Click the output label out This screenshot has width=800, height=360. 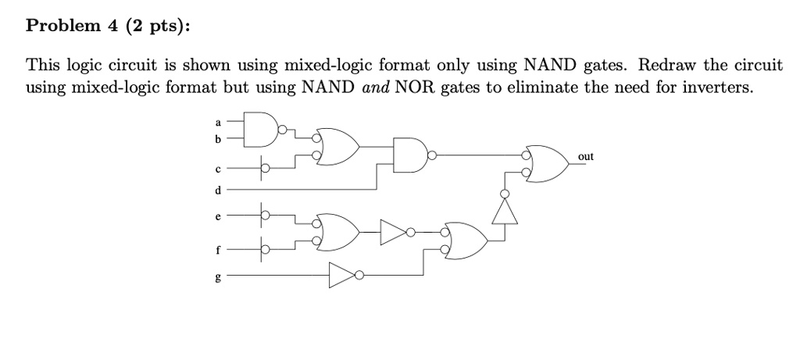click(x=586, y=157)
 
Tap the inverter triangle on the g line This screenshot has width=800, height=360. click(x=341, y=275)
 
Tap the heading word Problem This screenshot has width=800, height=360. click(x=56, y=27)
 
